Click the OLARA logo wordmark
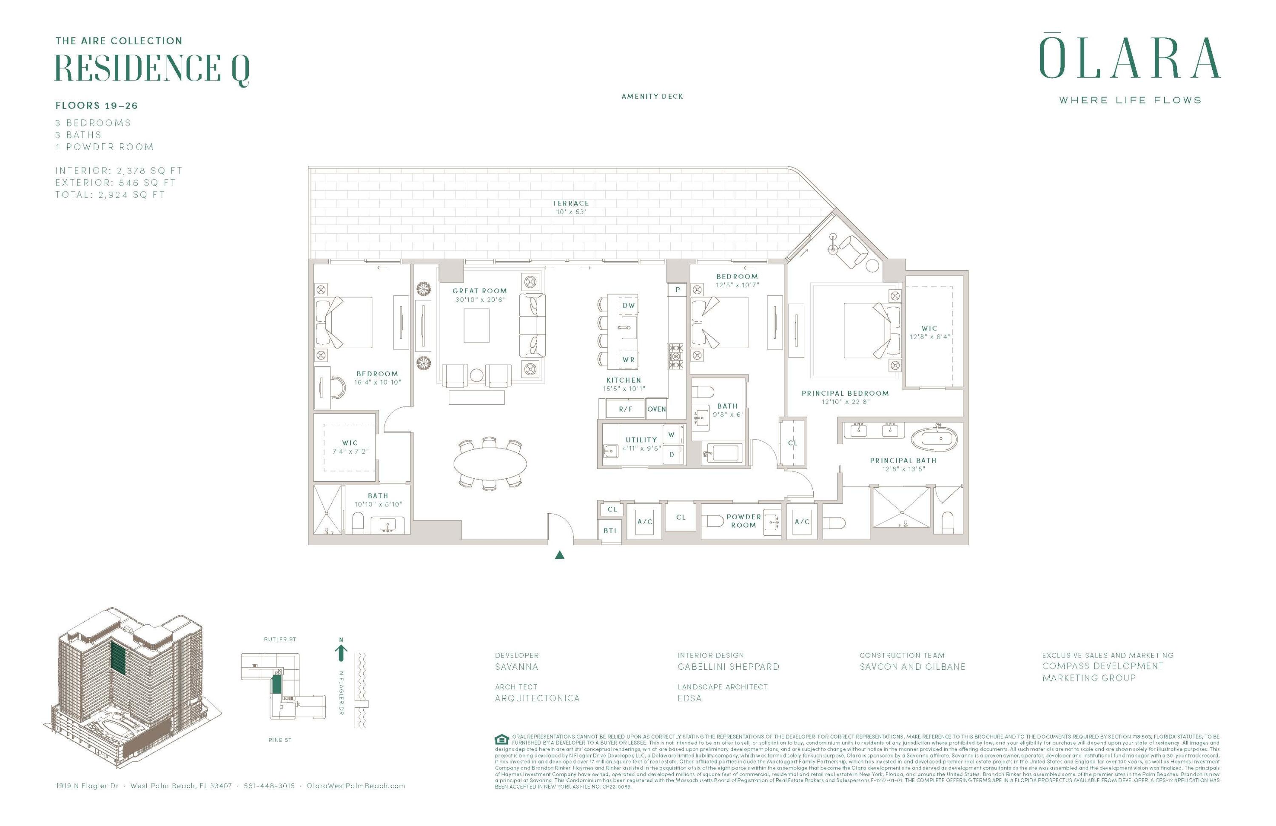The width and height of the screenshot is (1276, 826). (x=1130, y=58)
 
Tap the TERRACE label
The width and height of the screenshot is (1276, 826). (x=570, y=203)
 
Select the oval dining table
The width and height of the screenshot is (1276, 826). (x=490, y=463)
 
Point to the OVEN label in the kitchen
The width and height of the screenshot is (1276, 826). (x=656, y=409)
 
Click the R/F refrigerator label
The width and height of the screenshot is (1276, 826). (x=625, y=409)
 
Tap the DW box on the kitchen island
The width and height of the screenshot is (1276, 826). (x=628, y=305)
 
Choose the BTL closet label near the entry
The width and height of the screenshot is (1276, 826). (x=610, y=531)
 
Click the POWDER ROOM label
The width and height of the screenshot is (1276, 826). (x=743, y=521)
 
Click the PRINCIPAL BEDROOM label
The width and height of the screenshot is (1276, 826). (x=845, y=393)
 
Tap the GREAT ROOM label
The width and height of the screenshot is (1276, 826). (x=479, y=291)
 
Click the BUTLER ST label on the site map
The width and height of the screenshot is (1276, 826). (x=280, y=639)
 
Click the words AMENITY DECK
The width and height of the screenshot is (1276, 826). (x=652, y=97)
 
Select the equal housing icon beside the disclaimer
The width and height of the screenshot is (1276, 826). (x=501, y=739)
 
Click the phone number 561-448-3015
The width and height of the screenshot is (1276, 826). (x=269, y=786)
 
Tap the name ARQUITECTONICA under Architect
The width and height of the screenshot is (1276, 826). (x=537, y=698)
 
